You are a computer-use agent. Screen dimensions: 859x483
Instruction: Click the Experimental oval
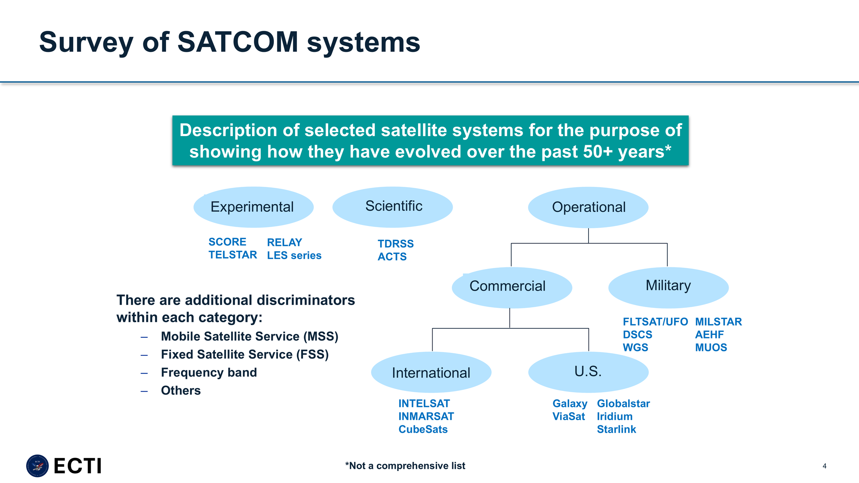253,207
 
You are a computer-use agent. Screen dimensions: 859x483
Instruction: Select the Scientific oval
392,207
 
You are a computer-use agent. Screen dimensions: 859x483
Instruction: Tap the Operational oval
588,207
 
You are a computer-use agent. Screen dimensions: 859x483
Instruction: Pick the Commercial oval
512,287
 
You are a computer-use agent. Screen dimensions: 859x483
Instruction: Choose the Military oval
668,287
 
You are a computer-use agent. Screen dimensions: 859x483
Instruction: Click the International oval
431,372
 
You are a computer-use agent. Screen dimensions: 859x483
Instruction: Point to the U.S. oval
588,372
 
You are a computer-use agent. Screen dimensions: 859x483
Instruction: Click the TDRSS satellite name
395,244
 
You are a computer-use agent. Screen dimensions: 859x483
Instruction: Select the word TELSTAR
233,255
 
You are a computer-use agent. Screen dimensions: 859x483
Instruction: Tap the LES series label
294,255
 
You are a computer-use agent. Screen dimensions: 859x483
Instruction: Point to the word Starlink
616,429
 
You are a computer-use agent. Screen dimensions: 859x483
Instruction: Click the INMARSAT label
426,416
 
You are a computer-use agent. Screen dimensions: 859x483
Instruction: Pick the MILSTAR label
718,322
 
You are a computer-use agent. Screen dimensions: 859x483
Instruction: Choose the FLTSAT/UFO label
655,322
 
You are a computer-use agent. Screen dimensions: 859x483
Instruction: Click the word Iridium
614,416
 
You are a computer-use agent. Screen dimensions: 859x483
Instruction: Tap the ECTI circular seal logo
37,466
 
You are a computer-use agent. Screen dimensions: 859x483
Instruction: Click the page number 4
824,466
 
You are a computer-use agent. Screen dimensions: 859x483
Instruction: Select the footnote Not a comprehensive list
405,466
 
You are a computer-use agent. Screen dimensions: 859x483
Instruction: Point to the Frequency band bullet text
209,372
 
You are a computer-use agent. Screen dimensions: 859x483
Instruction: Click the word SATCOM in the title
238,42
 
